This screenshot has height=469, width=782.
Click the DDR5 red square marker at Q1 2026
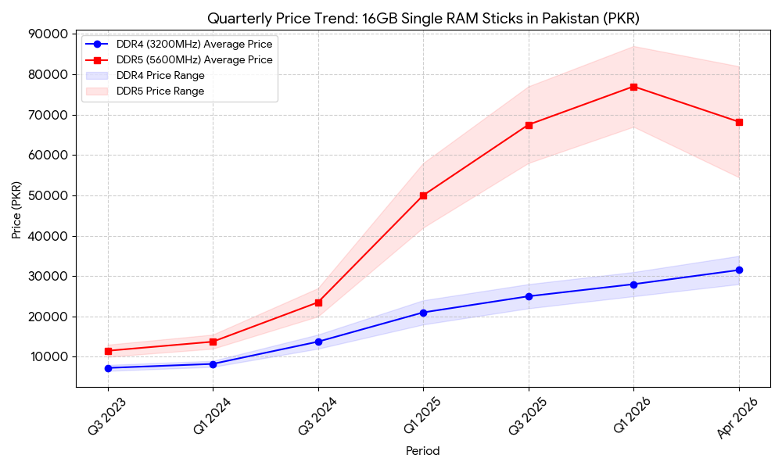click(x=633, y=87)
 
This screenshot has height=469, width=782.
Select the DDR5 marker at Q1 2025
click(x=423, y=195)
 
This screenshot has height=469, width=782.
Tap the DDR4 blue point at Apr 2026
click(x=739, y=270)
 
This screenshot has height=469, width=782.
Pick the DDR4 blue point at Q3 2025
click(x=529, y=296)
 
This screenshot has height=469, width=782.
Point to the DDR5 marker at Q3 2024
click(x=318, y=303)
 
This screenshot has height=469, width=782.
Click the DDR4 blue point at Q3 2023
click(x=108, y=368)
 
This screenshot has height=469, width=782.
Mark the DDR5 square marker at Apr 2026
click(x=739, y=122)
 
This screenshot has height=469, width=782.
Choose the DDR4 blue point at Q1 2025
click(x=423, y=313)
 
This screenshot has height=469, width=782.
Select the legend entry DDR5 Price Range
click(x=160, y=91)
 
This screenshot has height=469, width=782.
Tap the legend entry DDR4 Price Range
click(x=160, y=76)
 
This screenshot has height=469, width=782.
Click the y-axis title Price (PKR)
click(x=16, y=209)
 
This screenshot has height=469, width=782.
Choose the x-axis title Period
click(x=422, y=451)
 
